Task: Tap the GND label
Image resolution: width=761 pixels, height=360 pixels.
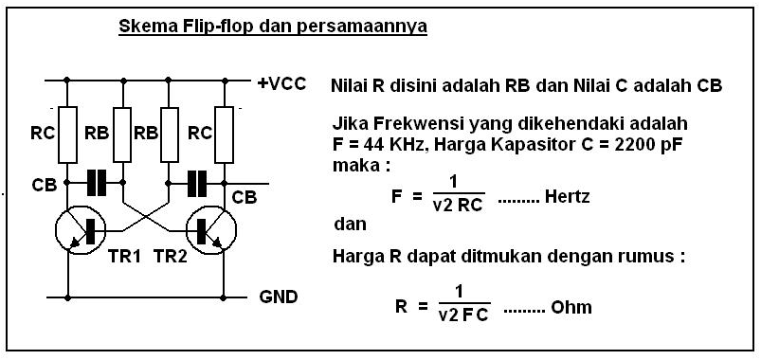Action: click(279, 297)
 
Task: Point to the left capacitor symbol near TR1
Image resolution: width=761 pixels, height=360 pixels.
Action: click(96, 183)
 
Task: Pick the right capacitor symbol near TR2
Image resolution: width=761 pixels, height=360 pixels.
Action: click(196, 183)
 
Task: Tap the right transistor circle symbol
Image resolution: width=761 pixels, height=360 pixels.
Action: click(210, 231)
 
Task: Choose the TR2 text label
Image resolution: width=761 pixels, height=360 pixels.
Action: click(172, 257)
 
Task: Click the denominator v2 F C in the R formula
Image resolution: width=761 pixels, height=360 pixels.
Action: click(463, 316)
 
